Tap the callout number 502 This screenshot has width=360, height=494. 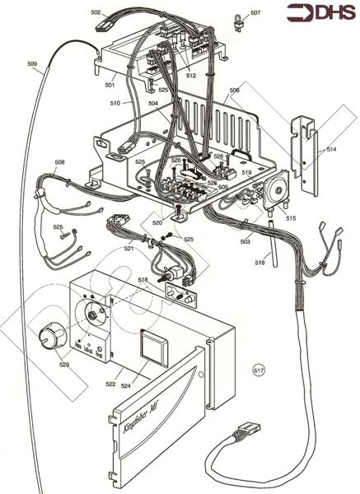point(96,13)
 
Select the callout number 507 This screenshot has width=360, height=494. point(255,13)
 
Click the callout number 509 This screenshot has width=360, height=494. point(32,64)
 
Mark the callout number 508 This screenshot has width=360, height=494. point(59,161)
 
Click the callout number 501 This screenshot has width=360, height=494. point(110,83)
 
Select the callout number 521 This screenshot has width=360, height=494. point(129,248)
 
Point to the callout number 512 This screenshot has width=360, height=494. point(191,75)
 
